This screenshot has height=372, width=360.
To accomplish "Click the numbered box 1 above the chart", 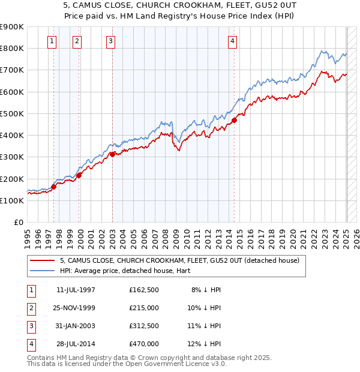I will [53, 41].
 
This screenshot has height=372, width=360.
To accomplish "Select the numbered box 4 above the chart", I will [232, 41].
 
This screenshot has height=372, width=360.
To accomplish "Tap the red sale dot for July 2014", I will [234, 120].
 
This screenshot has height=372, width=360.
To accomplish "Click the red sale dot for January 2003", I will [112, 154].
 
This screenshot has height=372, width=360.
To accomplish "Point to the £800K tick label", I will [12, 48].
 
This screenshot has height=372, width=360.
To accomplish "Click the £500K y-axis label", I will [12, 113].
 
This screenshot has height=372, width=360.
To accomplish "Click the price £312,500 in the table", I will [144, 326].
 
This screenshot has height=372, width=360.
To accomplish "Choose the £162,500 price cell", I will [144, 290].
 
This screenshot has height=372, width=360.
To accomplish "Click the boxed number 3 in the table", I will [31, 326].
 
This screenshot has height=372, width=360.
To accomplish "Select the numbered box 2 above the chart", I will [78, 41].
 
